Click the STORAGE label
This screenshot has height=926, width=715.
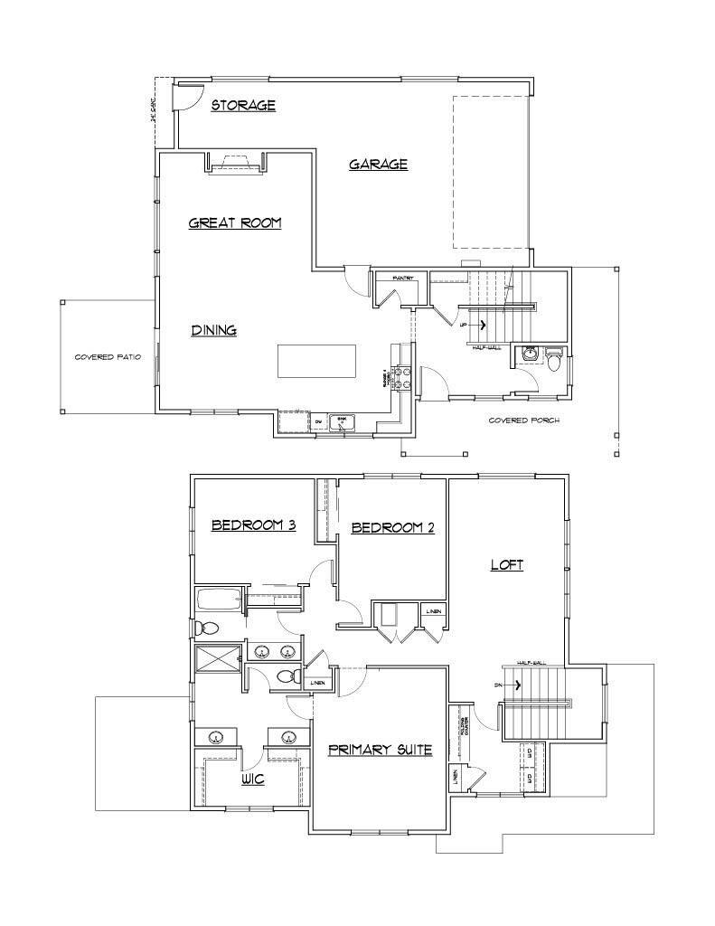[243, 106]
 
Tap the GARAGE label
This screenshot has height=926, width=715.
[378, 165]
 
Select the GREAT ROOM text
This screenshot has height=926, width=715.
[235, 223]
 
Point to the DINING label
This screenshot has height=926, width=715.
[213, 331]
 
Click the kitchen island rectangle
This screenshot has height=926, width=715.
[316, 360]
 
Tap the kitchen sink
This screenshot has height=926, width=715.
[342, 421]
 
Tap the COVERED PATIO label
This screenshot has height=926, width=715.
[108, 357]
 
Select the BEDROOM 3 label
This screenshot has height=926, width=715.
[254, 526]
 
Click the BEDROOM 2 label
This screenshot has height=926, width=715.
[392, 528]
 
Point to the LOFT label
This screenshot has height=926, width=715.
[507, 565]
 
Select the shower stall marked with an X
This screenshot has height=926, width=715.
[217, 658]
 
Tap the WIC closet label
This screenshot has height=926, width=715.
[252, 779]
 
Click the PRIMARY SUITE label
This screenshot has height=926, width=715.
[380, 750]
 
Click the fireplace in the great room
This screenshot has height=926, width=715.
[237, 163]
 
